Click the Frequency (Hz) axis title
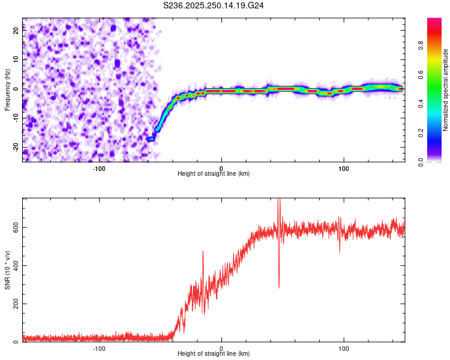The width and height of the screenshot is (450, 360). [x=7, y=89]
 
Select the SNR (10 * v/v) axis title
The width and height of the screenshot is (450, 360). [x=7, y=269]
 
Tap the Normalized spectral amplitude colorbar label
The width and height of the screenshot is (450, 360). [x=446, y=90]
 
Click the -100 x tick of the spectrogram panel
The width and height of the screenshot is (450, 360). [x=99, y=168]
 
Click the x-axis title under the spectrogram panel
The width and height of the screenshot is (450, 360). [x=214, y=174]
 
